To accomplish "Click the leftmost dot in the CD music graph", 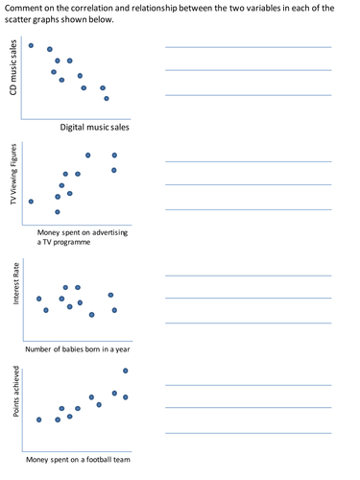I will tap(31, 45).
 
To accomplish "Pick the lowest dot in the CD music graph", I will tap(106, 98).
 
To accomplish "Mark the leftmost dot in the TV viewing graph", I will tap(31, 202).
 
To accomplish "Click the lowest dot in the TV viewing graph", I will tap(58, 211).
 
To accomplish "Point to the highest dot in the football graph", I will tap(126, 371).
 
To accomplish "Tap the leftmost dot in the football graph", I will tap(38, 420).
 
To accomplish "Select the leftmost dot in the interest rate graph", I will tap(38, 299).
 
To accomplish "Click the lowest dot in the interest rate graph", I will tap(92, 315).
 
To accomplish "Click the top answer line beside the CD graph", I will tap(249, 47).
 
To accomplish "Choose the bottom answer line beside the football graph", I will tap(249, 433).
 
